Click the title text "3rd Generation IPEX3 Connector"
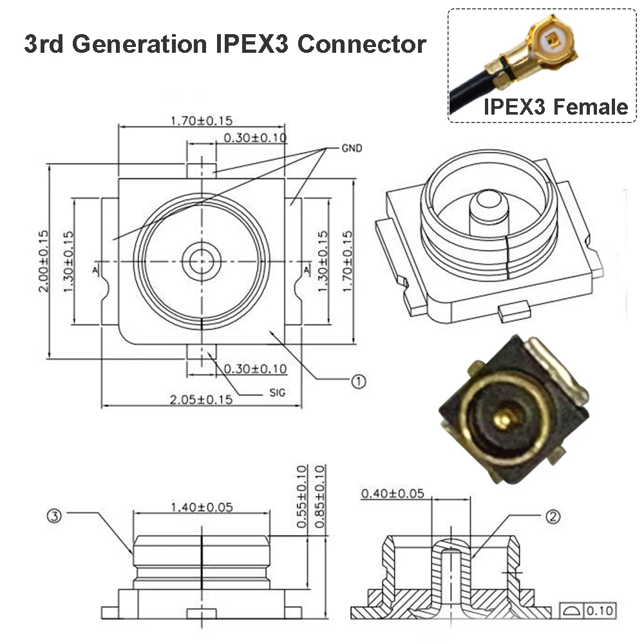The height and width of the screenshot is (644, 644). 225,44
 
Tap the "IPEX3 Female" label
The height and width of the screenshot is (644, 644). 555,106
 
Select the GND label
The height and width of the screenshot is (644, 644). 352,148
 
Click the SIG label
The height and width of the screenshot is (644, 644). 276,392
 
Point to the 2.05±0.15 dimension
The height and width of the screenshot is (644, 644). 201,399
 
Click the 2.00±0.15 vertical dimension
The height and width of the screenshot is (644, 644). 43,260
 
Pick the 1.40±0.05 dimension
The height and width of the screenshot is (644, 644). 201,507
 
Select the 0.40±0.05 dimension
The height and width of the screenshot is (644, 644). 393,494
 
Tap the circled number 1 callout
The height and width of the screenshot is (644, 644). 358,381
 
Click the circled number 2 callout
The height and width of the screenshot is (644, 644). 552,515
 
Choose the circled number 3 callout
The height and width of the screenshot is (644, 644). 55,515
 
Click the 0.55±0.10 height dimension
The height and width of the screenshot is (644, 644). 301,497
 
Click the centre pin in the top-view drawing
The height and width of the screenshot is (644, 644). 202,261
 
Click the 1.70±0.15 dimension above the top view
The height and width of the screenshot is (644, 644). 201,120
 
